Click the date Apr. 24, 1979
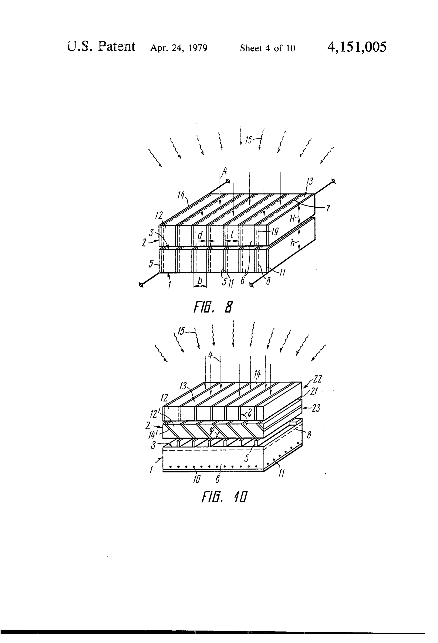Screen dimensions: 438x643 coord(179,48)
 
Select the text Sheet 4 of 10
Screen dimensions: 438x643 coord(268,48)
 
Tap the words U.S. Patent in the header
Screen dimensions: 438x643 coord(101,46)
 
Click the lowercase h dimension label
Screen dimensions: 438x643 coord(293,243)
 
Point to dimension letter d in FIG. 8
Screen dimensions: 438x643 coord(200,235)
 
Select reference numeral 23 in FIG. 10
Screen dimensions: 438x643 coord(316,408)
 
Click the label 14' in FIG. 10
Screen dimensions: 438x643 coord(153,435)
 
